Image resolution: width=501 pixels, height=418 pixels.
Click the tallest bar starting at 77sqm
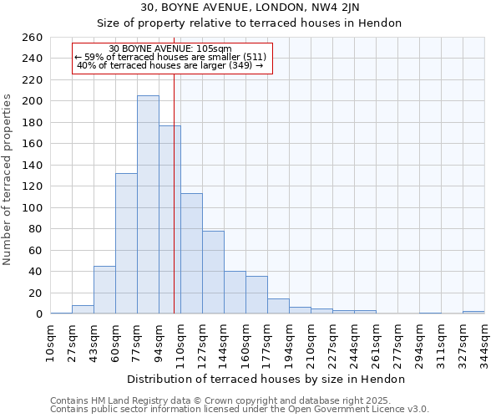click(148, 205)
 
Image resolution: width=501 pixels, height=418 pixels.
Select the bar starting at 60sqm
click(126, 243)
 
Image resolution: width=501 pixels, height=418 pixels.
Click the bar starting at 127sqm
click(213, 273)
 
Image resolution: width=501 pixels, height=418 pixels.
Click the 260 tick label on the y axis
click(33, 38)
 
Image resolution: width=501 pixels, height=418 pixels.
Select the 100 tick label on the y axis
click(33, 207)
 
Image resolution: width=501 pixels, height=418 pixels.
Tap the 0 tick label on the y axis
click(39, 314)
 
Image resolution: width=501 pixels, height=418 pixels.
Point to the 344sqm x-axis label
click(485, 343)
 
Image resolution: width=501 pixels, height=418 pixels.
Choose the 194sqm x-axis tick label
click(290, 343)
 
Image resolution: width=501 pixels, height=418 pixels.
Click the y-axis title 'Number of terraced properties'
click(8, 180)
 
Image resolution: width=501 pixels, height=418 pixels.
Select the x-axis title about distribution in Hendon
click(266, 379)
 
